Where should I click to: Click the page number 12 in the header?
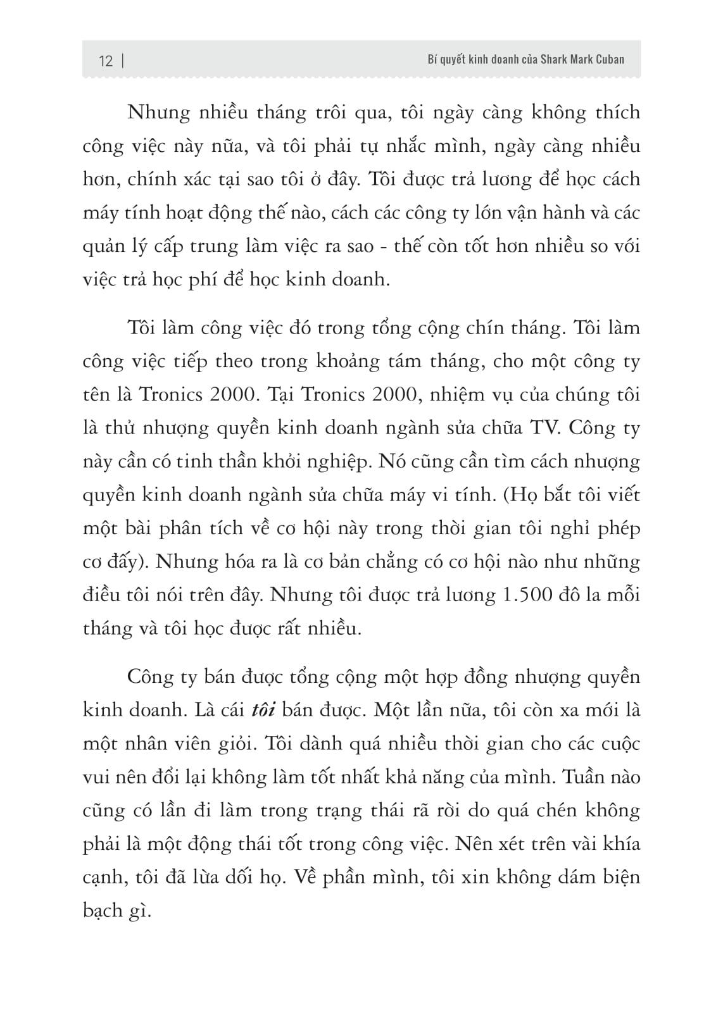(106, 61)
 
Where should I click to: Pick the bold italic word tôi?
(262, 709)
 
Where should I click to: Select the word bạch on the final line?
(103, 911)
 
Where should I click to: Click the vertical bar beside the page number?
(121, 61)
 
